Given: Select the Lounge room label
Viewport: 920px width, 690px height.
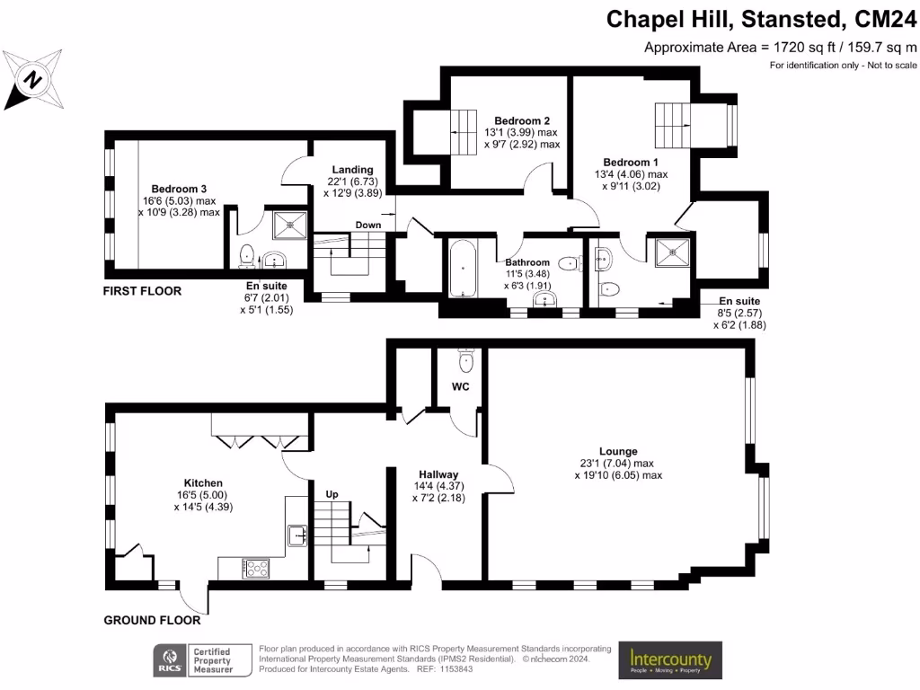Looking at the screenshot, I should coord(618,451).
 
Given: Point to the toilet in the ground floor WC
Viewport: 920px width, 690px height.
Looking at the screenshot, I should coord(464,359).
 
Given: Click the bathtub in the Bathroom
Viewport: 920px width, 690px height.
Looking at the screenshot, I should coord(464,268).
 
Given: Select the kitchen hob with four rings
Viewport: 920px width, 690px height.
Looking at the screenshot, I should coord(256,568).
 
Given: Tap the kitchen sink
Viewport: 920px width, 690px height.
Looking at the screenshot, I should coord(297,535).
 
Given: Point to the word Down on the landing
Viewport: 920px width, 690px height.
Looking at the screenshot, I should coord(367,225).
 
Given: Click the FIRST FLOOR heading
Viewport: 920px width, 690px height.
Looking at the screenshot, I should coord(142,291).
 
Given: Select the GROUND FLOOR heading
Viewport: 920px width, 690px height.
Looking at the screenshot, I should coord(152,620).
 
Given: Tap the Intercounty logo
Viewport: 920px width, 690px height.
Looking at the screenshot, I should coord(669,661).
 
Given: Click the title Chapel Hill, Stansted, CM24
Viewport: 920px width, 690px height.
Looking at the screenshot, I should coord(762,19).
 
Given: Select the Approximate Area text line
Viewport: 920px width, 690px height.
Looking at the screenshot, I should coord(781,48).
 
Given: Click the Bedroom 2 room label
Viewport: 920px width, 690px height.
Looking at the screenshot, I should coord(521,120).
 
